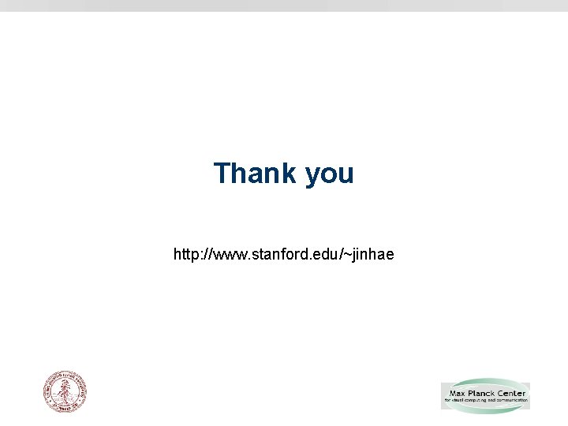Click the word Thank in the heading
(254, 174)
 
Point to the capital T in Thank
(222, 174)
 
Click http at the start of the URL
(185, 255)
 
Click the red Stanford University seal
(65, 392)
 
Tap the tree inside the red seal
(65, 392)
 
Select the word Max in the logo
(457, 393)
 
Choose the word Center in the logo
(512, 393)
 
